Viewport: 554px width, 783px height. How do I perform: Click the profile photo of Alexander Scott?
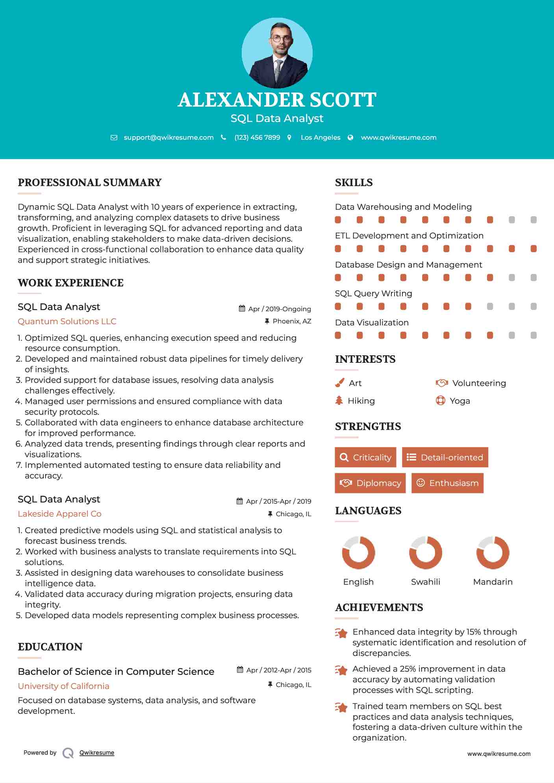pyautogui.click(x=277, y=53)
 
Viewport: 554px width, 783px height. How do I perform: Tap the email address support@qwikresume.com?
pyautogui.click(x=169, y=137)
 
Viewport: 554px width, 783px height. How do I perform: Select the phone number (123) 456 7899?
pyautogui.click(x=257, y=137)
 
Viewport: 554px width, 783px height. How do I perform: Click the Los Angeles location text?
pyautogui.click(x=321, y=137)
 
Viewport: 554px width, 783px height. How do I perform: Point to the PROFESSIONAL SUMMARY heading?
pyautogui.click(x=90, y=183)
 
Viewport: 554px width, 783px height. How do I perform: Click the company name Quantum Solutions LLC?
pyautogui.click(x=67, y=321)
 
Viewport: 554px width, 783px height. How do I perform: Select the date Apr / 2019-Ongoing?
pyautogui.click(x=279, y=309)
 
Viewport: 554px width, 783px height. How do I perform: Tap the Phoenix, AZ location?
pyautogui.click(x=292, y=321)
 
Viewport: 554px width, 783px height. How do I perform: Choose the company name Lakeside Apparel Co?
pyautogui.click(x=59, y=514)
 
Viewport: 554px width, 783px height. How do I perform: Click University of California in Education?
pyautogui.click(x=63, y=686)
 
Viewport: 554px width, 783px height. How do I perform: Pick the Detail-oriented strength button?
pyautogui.click(x=445, y=457)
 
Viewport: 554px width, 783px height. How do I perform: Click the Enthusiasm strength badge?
pyautogui.click(x=447, y=483)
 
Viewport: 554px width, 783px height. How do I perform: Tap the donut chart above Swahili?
pyautogui.click(x=425, y=552)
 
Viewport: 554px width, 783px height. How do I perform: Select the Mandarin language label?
pyautogui.click(x=493, y=582)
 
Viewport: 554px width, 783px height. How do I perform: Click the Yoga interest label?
pyautogui.click(x=460, y=401)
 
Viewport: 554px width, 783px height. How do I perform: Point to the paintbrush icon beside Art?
pyautogui.click(x=339, y=383)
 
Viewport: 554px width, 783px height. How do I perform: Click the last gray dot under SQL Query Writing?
pyautogui.click(x=534, y=307)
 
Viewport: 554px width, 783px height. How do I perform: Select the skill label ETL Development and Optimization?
pyautogui.click(x=409, y=236)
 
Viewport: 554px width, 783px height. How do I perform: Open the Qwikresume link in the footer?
pyautogui.click(x=97, y=753)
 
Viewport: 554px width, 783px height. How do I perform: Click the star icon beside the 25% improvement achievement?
pyautogui.click(x=341, y=670)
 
